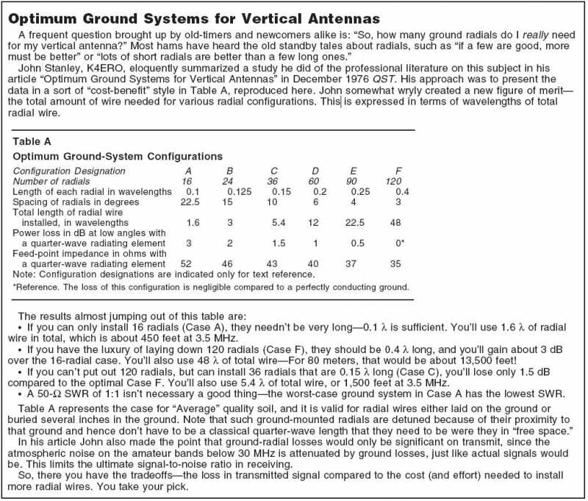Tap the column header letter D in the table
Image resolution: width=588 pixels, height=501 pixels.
coord(314,171)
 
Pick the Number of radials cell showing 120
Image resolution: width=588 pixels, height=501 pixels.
coord(395,181)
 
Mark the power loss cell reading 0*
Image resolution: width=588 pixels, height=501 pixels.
coord(398,242)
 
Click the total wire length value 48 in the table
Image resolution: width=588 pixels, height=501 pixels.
coord(395,221)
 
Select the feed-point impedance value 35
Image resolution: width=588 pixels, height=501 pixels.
coord(395,263)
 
